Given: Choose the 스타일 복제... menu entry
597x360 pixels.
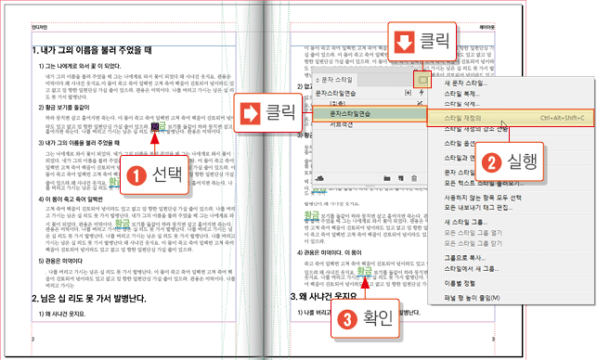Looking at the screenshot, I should pyautogui.click(x=461, y=95).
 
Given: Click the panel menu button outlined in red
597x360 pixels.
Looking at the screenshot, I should pyautogui.click(x=424, y=82).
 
